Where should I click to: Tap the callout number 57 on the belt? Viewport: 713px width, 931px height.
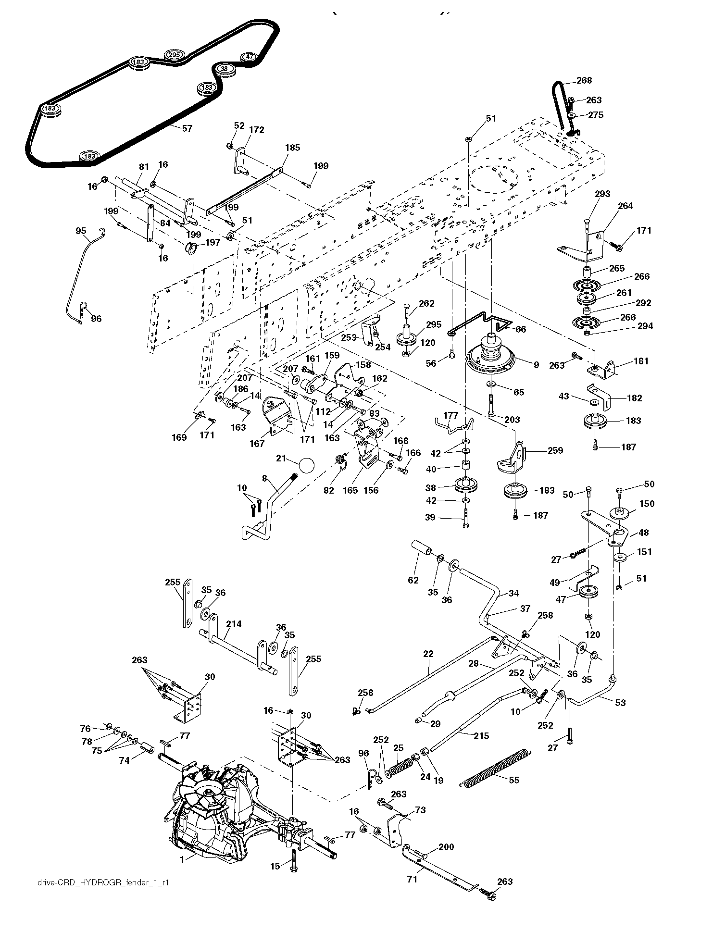[187, 128]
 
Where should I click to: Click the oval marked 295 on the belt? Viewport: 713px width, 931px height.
[174, 55]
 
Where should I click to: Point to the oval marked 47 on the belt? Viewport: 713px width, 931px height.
[249, 57]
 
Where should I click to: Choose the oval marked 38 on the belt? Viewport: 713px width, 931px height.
[224, 69]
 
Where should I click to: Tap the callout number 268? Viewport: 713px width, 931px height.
[584, 81]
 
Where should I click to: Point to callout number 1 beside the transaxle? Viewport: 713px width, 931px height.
[182, 860]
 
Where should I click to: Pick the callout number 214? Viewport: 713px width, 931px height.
[234, 624]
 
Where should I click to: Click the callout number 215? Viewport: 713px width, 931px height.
[482, 736]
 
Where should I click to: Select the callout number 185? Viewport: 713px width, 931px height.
[292, 148]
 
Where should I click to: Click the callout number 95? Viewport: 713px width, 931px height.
[81, 231]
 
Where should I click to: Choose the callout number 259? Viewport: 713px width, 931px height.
[555, 450]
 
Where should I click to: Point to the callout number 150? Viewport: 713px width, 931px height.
[647, 504]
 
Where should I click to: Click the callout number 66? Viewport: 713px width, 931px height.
[521, 329]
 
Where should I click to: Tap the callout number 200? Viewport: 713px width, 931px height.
[446, 847]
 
